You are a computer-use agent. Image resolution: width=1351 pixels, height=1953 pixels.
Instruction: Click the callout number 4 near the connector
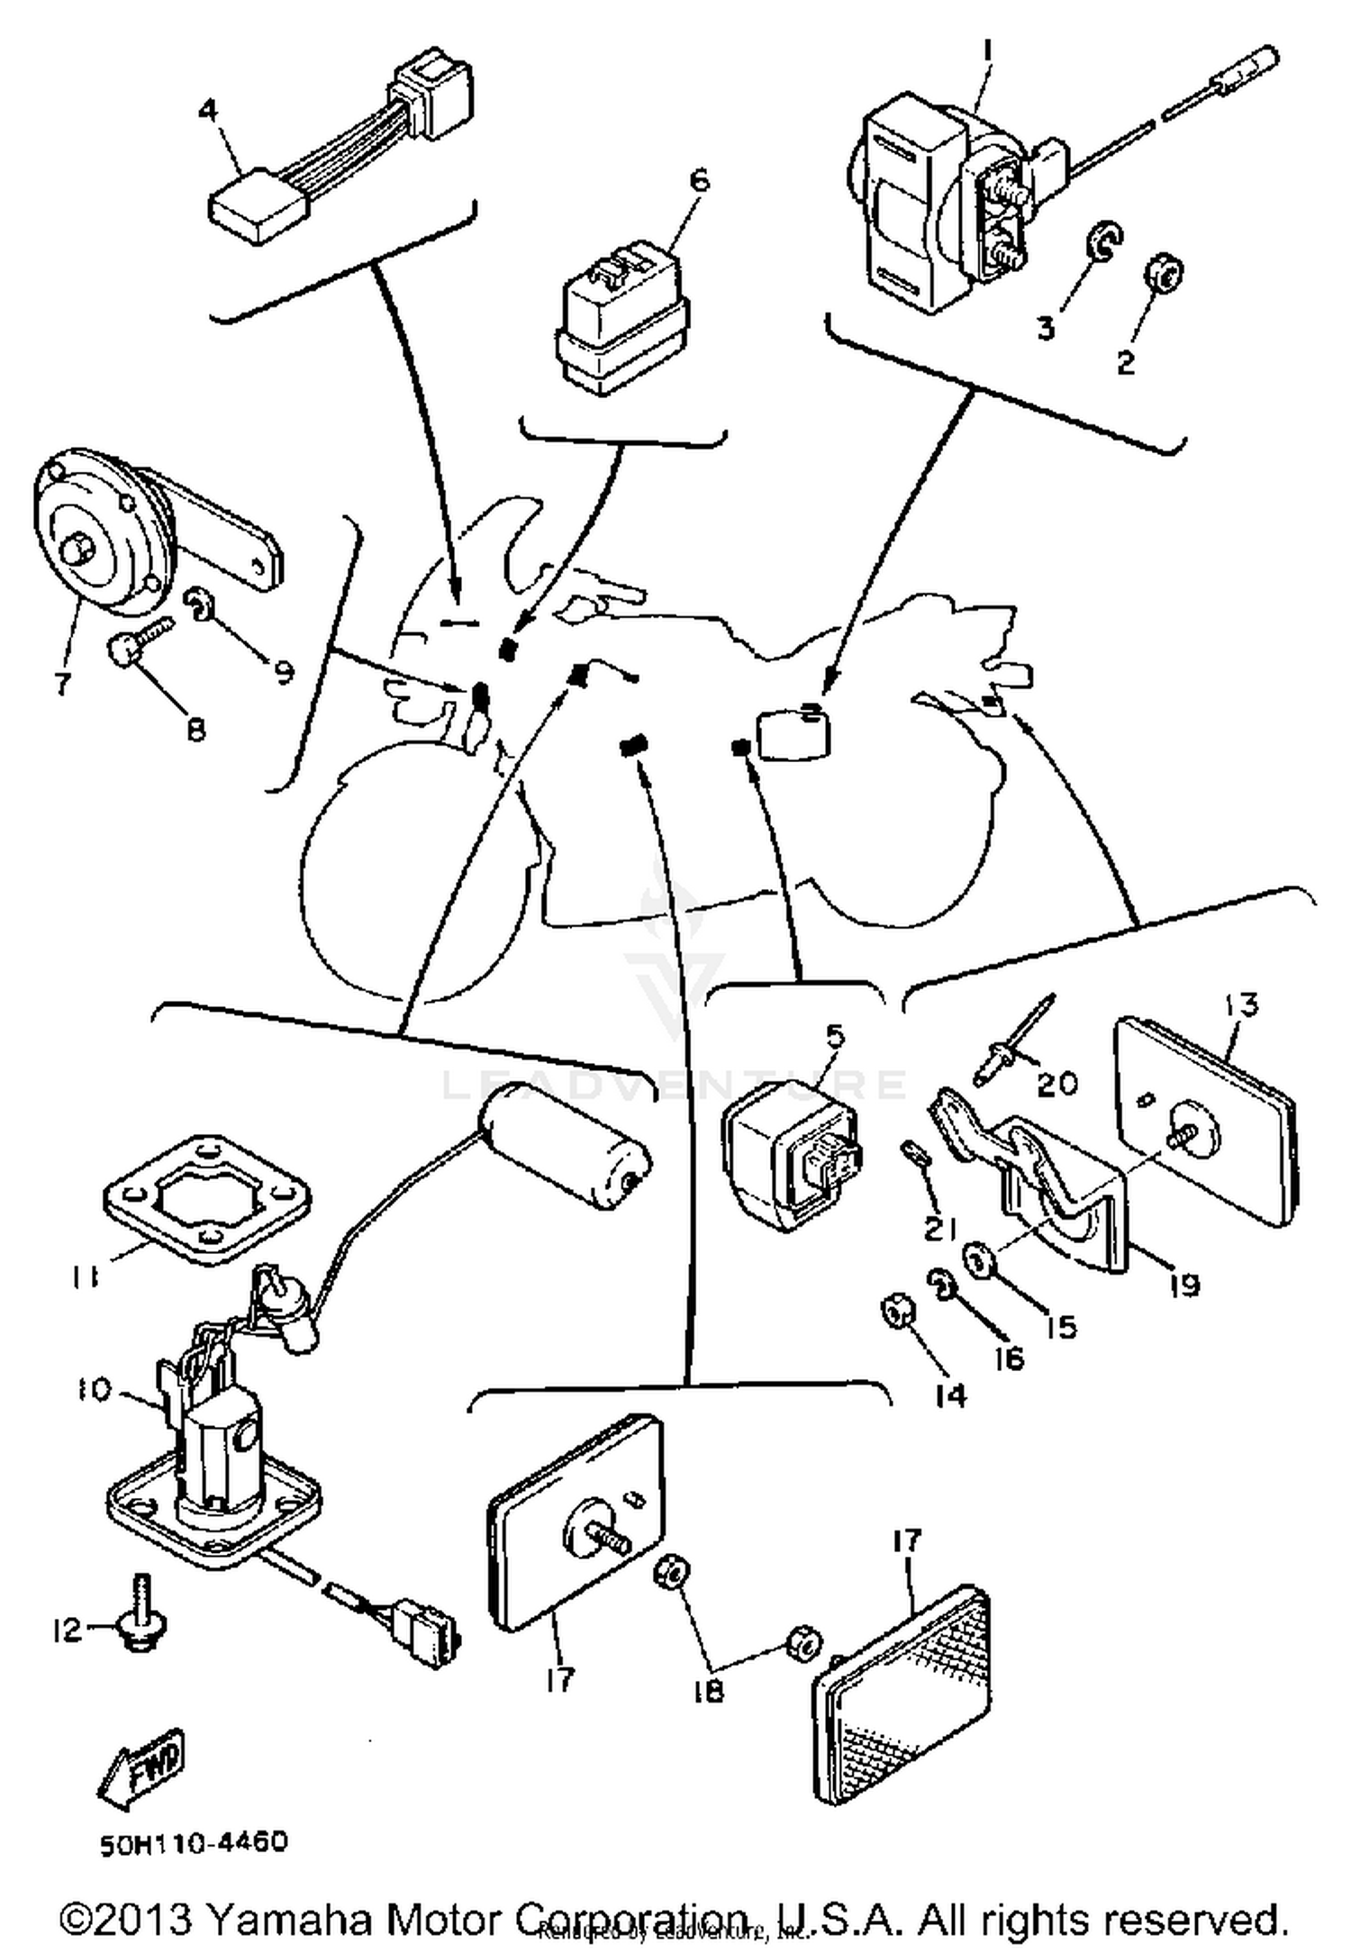coord(208,111)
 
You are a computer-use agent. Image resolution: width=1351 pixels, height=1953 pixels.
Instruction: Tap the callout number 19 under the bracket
coord(1185,1284)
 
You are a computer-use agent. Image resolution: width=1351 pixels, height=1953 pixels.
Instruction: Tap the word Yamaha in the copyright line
coord(281,1919)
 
